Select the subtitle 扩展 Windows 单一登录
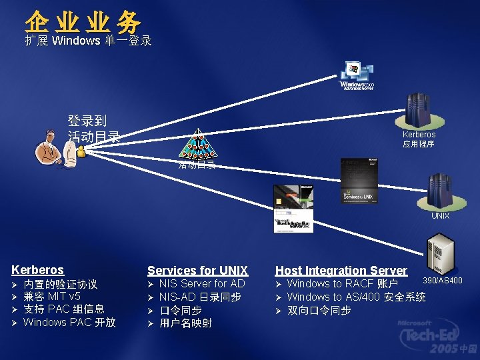pyautogui.click(x=88, y=41)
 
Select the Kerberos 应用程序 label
pyautogui.click(x=419, y=139)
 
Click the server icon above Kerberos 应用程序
pyautogui.click(x=419, y=111)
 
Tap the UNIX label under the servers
pyautogui.click(x=440, y=216)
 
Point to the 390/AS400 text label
pyautogui.click(x=443, y=281)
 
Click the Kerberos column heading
pyautogui.click(x=37, y=270)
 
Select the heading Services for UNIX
pyautogui.click(x=197, y=271)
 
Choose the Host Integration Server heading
pyautogui.click(x=341, y=271)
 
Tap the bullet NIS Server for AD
pyautogui.click(x=202, y=284)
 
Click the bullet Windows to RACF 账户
pyautogui.click(x=342, y=285)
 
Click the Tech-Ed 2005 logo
pyautogui.click(x=438, y=337)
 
